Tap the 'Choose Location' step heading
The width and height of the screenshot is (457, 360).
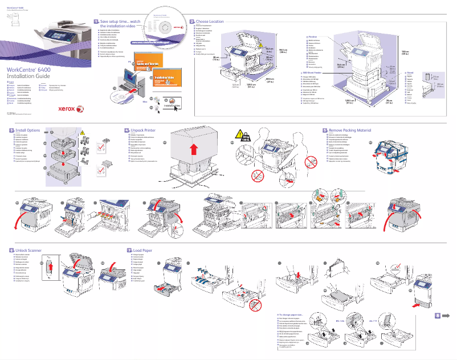coord(210,21)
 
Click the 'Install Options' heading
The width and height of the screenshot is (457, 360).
coord(27,130)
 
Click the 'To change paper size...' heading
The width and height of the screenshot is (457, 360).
coord(295,314)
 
